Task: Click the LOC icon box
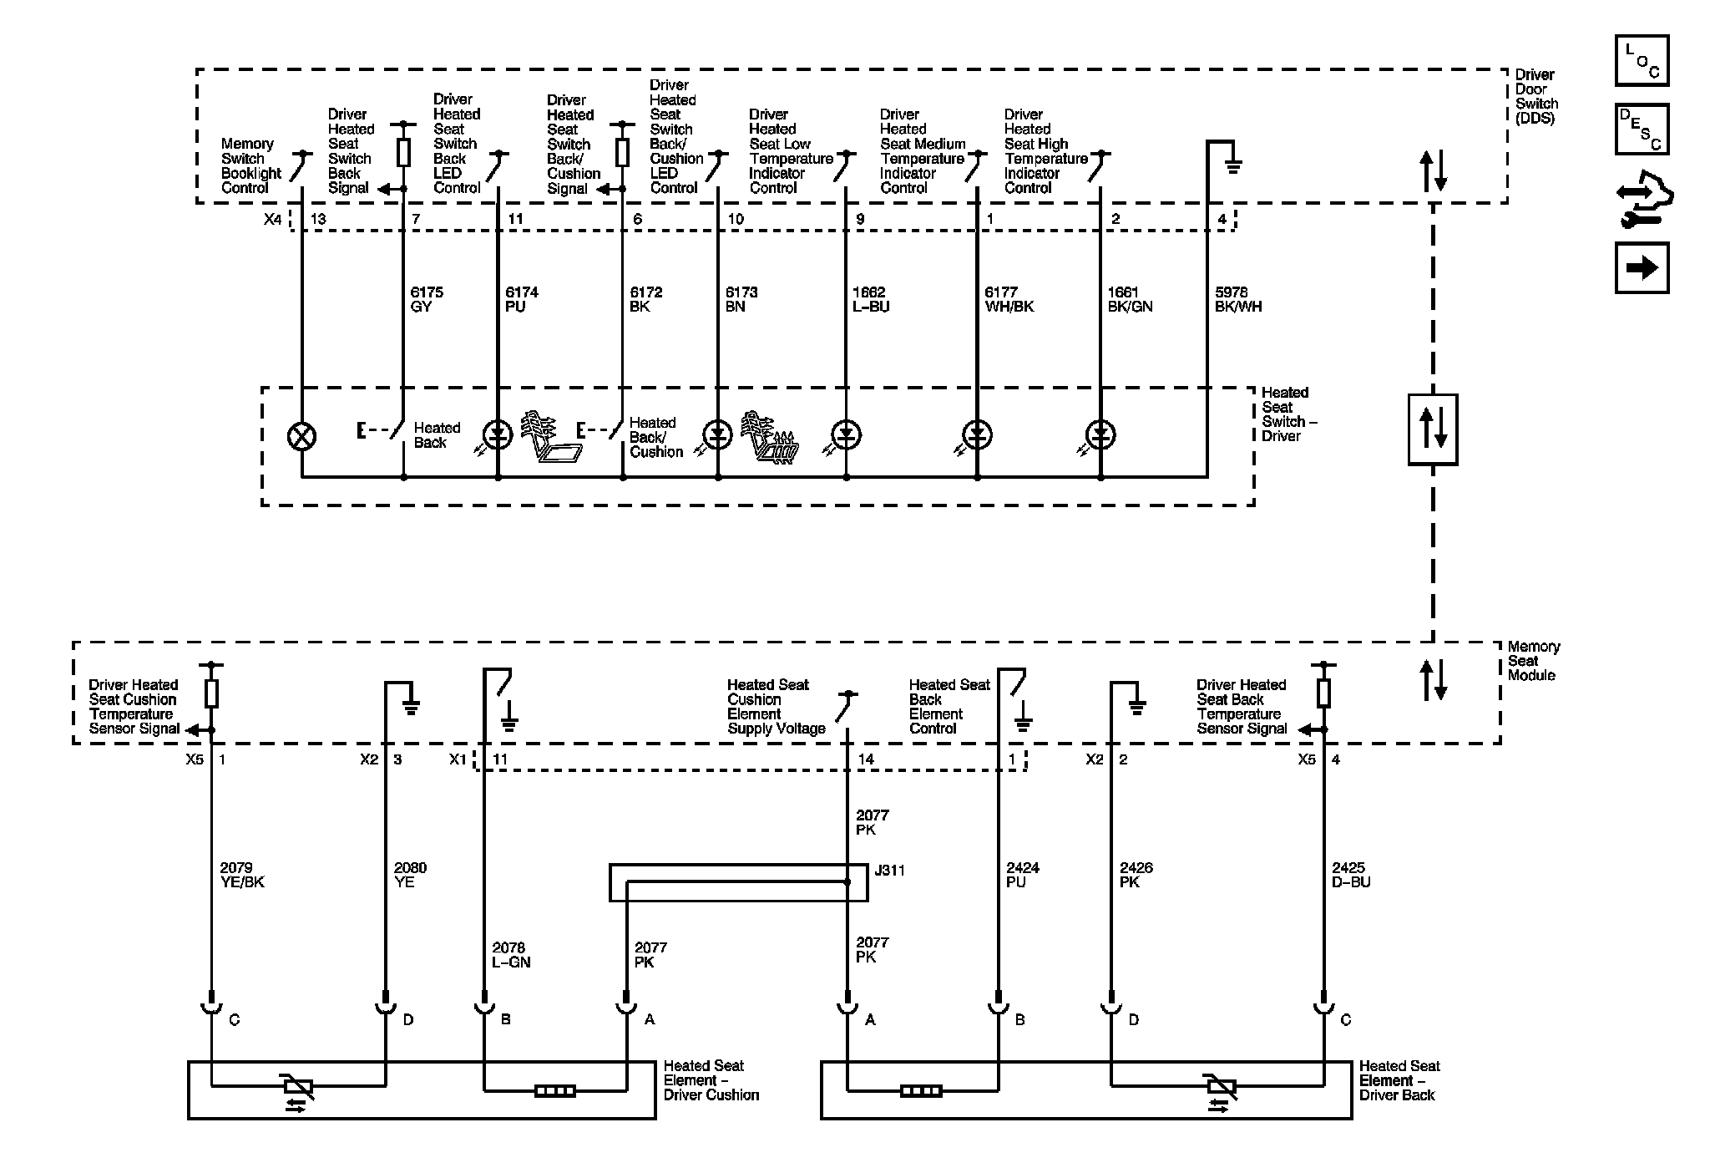pyautogui.click(x=1642, y=60)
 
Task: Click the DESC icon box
pyautogui.click(x=1642, y=130)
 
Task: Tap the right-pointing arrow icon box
pyautogui.click(x=1642, y=268)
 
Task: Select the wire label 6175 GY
pyautogui.click(x=426, y=299)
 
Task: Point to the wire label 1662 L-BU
pyautogui.click(x=870, y=299)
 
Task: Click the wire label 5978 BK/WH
pyautogui.click(x=1237, y=299)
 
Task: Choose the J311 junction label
pyautogui.click(x=889, y=871)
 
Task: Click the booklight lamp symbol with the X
pyautogui.click(x=301, y=435)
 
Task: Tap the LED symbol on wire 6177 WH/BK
pyautogui.click(x=977, y=434)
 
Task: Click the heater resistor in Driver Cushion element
pyautogui.click(x=554, y=1090)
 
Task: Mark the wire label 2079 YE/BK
pyautogui.click(x=241, y=875)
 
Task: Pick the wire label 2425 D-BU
pyautogui.click(x=1351, y=875)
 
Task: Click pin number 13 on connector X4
pyautogui.click(x=318, y=219)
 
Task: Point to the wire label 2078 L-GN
pyautogui.click(x=510, y=955)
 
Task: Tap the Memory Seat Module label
pyautogui.click(x=1533, y=661)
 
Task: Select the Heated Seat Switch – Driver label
pyautogui.click(x=1288, y=414)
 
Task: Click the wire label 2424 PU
pyautogui.click(x=1022, y=875)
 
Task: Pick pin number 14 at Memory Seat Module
pyautogui.click(x=866, y=759)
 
